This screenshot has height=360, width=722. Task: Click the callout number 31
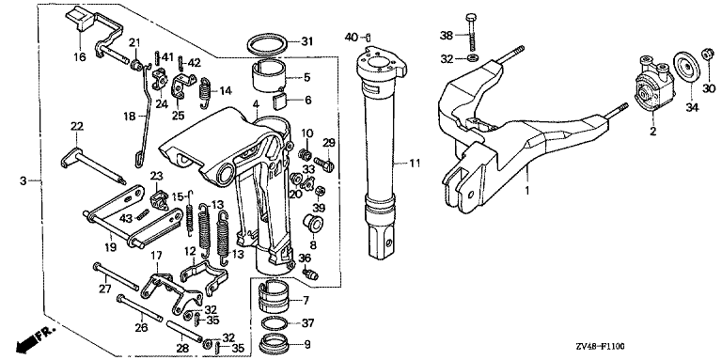coord(306,42)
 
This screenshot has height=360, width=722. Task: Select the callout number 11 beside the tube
coord(416,163)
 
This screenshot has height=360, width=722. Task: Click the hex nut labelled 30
coord(708,55)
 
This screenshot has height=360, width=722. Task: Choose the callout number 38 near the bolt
coord(447,35)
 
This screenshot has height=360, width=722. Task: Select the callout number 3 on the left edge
coord(24,180)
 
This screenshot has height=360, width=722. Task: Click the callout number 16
coord(79,57)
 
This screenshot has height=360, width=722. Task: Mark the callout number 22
coord(76,126)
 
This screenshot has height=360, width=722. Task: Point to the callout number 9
coord(307,344)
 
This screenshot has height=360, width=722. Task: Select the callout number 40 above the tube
coord(353,38)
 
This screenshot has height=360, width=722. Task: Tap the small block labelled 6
coord(280,101)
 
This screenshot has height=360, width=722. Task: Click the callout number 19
coord(110,247)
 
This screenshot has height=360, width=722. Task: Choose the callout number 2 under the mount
coord(653,132)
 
